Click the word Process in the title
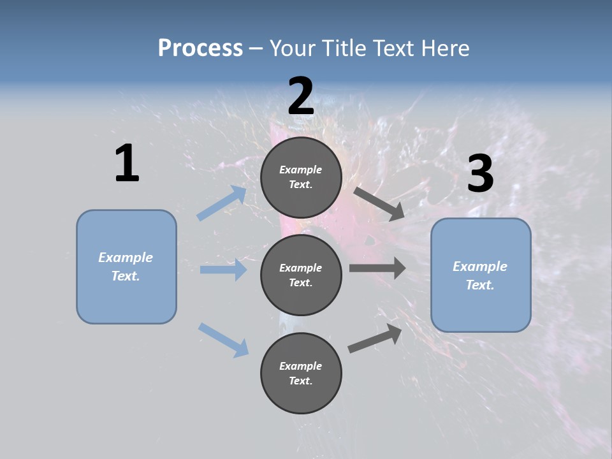(x=200, y=48)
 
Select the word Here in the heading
(x=444, y=48)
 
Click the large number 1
(x=127, y=163)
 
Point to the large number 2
(x=301, y=96)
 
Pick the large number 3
(x=480, y=173)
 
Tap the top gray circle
(x=301, y=177)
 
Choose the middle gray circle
(x=301, y=275)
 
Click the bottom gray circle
(x=301, y=373)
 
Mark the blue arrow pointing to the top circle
(x=222, y=203)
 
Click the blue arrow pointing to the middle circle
(x=223, y=270)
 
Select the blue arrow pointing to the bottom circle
(x=223, y=339)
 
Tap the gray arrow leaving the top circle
(x=379, y=203)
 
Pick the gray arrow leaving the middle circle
(x=377, y=268)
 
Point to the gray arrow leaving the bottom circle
(x=375, y=339)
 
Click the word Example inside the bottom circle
(x=300, y=366)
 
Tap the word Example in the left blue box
(x=126, y=258)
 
